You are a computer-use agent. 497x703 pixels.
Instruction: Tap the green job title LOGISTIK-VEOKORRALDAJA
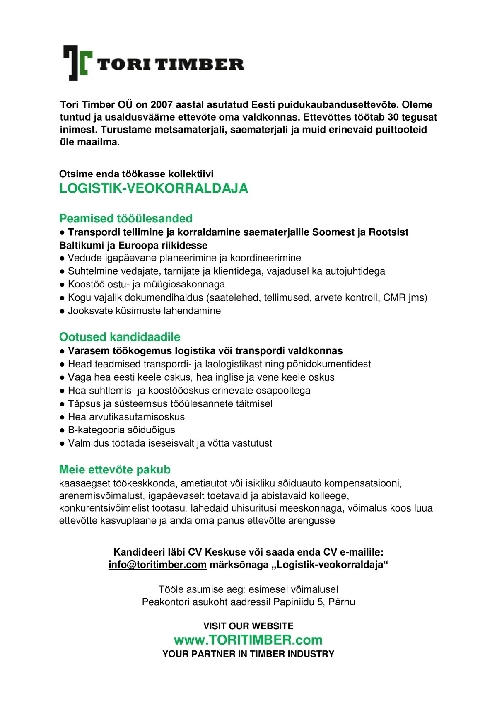click(x=154, y=188)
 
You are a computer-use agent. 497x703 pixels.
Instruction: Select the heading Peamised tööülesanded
click(x=126, y=218)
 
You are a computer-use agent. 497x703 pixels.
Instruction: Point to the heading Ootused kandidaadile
click(x=120, y=336)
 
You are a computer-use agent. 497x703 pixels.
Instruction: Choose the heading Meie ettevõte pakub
click(x=115, y=469)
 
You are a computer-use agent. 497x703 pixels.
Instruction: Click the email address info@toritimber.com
click(x=157, y=565)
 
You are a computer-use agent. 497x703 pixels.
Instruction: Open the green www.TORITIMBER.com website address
click(x=248, y=640)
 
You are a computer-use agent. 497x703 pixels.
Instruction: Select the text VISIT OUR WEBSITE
click(x=248, y=626)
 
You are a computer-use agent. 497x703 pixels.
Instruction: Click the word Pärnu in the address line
click(x=342, y=602)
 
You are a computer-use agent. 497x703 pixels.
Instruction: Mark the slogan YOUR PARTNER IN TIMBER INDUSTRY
click(x=248, y=654)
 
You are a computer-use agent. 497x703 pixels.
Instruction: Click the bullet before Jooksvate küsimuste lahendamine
click(x=62, y=311)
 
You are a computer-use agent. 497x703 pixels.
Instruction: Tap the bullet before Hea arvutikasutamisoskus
click(x=62, y=417)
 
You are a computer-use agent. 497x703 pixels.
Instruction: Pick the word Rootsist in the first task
click(x=388, y=232)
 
